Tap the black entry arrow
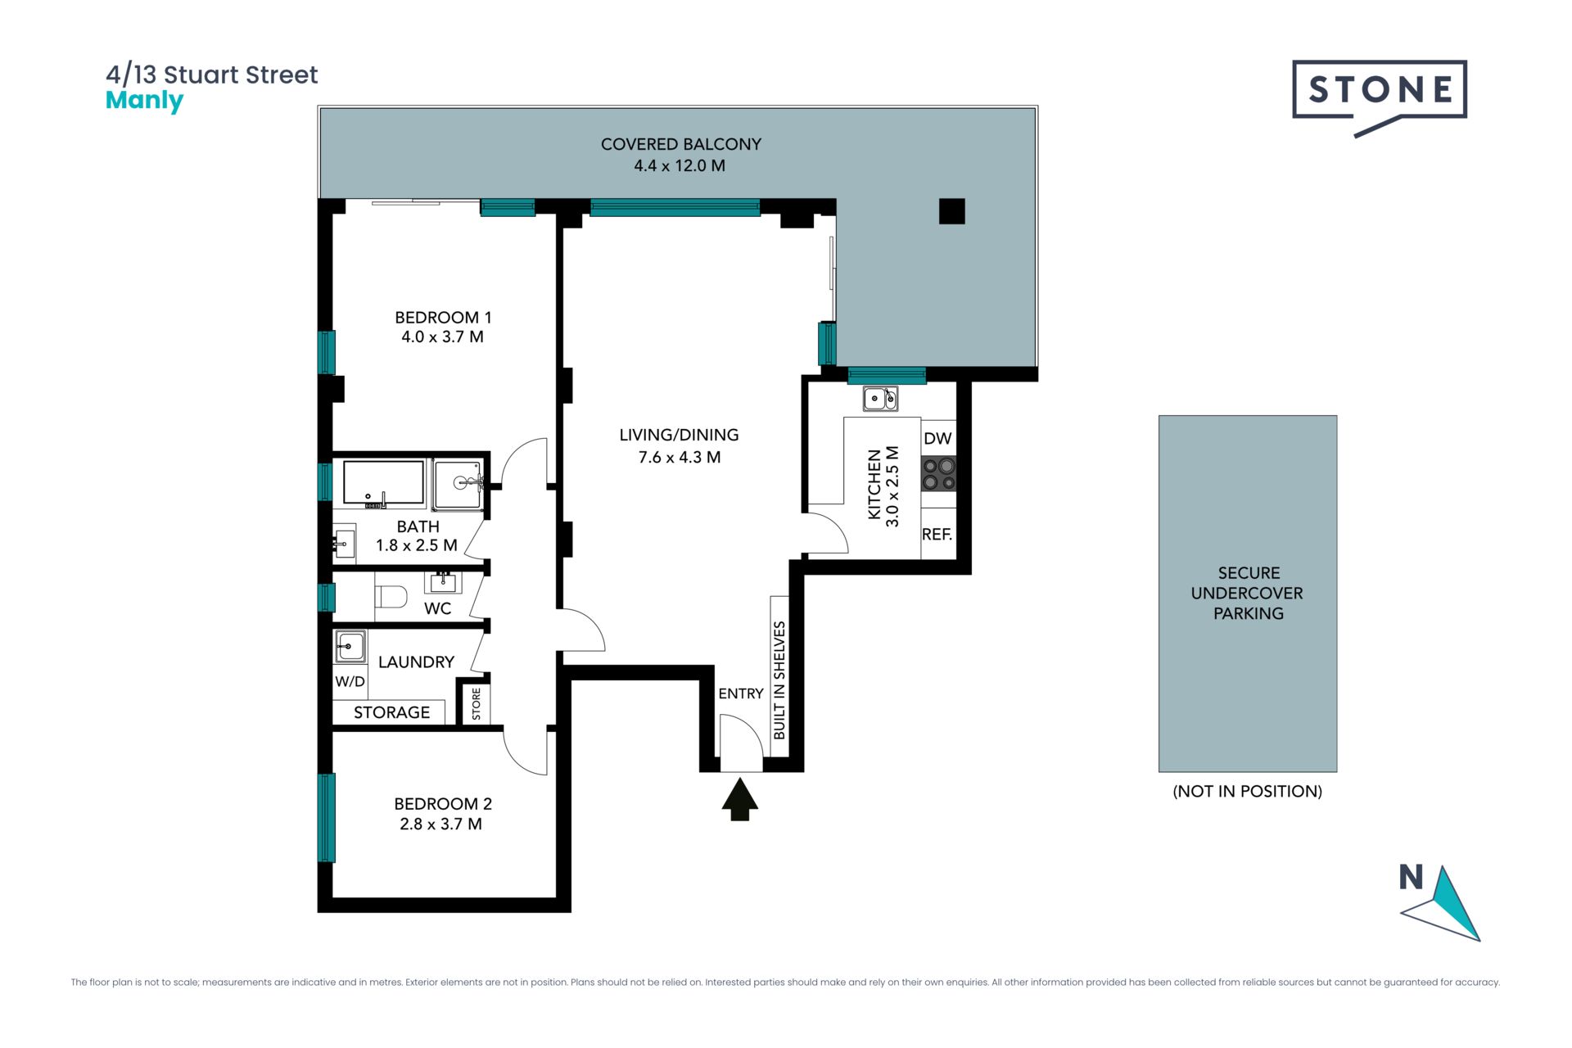tap(739, 799)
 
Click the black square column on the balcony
tap(951, 211)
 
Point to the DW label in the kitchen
tap(937, 438)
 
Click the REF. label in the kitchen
tap(937, 535)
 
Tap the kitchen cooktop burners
tap(939, 474)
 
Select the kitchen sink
tap(880, 399)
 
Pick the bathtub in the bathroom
tap(384, 483)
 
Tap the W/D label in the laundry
tap(350, 681)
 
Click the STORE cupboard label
tap(476, 704)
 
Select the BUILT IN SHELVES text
tap(779, 680)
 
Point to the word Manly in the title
tap(145, 102)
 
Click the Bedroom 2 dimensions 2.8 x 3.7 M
tap(440, 824)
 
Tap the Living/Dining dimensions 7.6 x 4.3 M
tap(680, 458)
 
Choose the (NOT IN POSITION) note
tap(1248, 791)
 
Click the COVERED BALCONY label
tap(681, 144)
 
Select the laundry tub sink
tap(350, 647)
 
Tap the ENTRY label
tap(741, 693)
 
